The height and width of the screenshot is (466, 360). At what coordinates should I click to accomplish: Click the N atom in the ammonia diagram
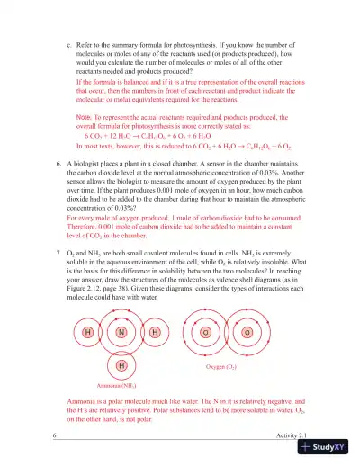tap(121, 332)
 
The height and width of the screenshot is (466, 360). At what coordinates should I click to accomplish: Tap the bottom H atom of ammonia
tap(121, 365)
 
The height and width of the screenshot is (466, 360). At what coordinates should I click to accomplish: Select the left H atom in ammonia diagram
tap(88, 332)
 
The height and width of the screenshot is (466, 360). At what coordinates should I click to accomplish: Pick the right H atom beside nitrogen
tap(155, 332)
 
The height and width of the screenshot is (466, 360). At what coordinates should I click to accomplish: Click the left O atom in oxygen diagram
tap(206, 333)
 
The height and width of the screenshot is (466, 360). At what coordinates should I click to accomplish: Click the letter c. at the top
tap(70, 43)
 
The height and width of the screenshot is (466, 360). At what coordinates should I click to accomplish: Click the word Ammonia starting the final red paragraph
tap(83, 399)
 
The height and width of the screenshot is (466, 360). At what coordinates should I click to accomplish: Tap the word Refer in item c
tap(87, 43)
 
